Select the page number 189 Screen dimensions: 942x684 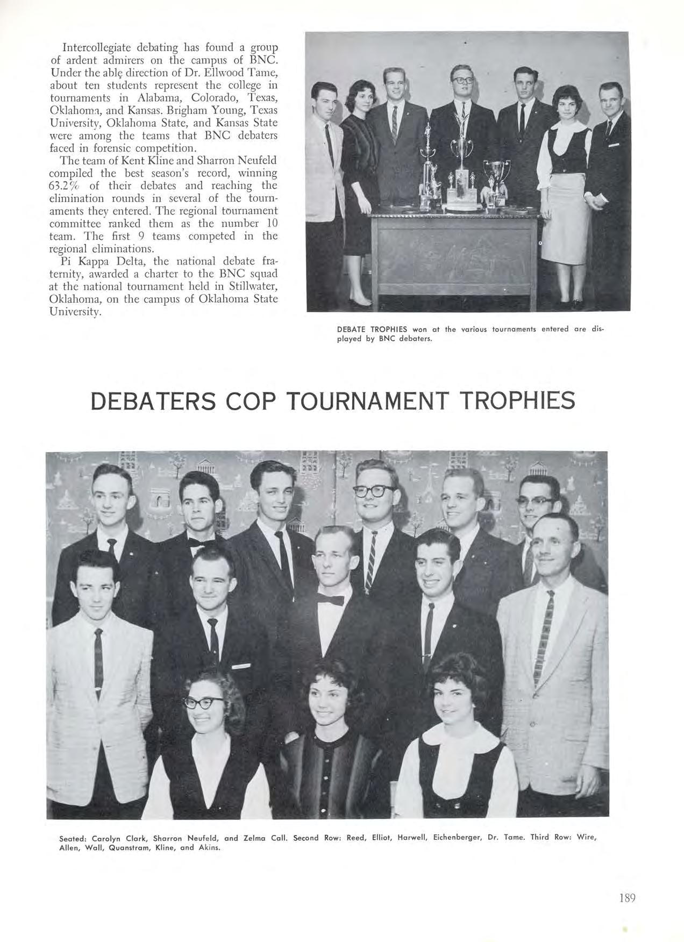pyautogui.click(x=628, y=897)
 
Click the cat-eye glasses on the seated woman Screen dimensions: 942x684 pyautogui.click(x=204, y=701)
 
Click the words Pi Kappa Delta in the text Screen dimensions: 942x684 pyautogui.click(x=101, y=261)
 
